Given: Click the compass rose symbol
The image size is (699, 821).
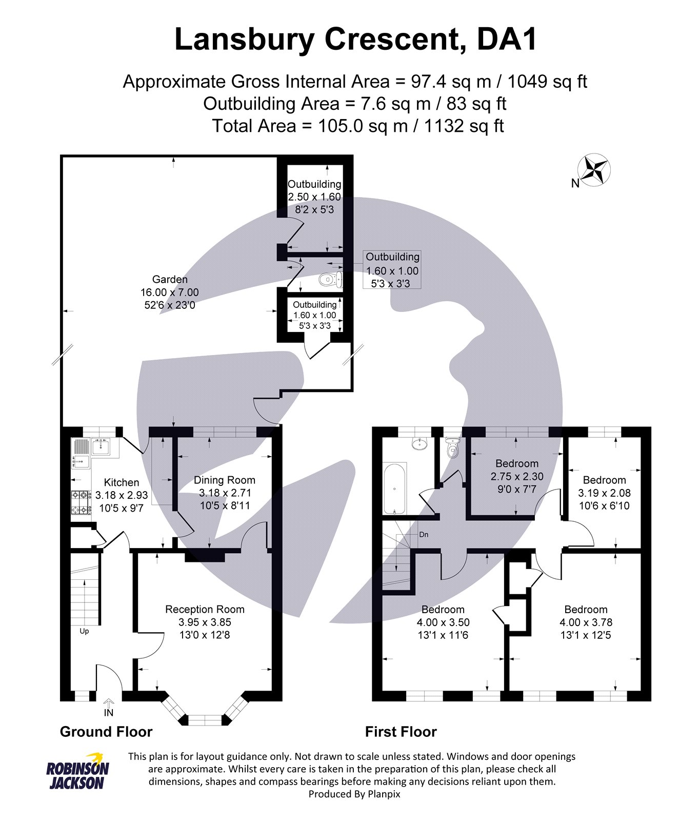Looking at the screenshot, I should point(594,170).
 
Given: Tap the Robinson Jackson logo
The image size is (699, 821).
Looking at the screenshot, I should point(77,772).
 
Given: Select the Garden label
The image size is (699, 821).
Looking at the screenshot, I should point(170,280).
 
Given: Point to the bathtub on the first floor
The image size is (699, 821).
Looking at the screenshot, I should point(395,488).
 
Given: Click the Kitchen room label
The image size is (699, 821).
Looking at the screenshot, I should point(122,482).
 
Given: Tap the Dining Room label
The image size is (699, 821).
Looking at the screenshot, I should point(224,480).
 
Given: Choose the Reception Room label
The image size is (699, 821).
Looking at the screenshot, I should point(205,610).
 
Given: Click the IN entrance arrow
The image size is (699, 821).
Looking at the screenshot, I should point(109,708).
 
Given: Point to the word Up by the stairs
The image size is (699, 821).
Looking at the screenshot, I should point(84,631).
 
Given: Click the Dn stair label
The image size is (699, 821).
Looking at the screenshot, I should point(424,535).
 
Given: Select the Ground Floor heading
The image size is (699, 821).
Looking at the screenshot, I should point(106,732).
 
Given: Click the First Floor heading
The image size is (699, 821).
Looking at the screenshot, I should point(401,732).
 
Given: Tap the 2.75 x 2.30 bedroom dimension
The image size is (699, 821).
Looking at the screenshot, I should point(517,477).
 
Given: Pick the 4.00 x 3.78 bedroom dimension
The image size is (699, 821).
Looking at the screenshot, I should point(586,622).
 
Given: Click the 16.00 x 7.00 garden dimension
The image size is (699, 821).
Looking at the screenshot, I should point(170,292).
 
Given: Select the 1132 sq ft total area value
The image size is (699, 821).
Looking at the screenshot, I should point(464,126).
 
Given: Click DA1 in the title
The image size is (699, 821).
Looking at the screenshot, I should point(506,40).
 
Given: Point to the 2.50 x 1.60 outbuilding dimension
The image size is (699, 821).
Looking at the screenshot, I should point(314,197).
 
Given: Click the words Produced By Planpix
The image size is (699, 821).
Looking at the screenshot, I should point(354,794).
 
